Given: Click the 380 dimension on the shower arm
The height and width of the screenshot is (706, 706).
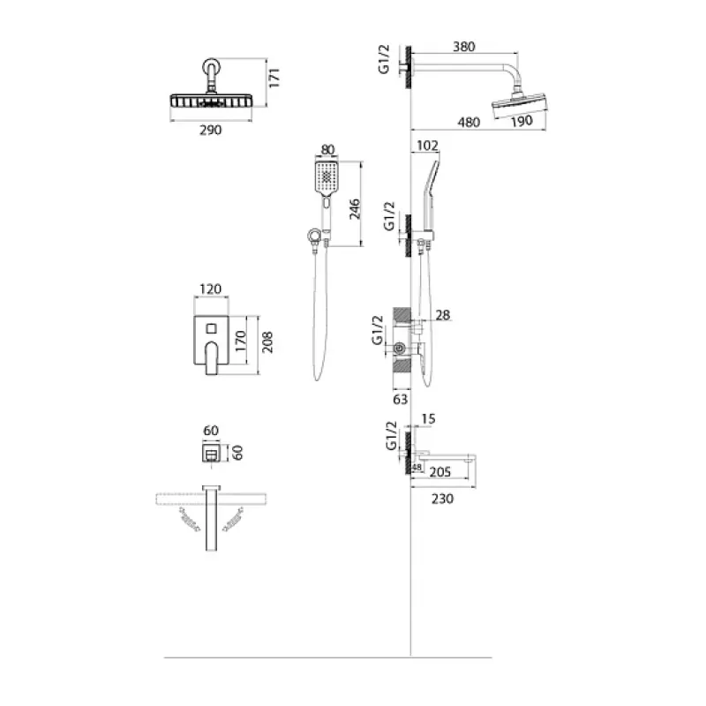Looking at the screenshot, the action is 464,47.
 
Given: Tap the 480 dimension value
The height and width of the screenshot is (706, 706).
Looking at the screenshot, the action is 469,122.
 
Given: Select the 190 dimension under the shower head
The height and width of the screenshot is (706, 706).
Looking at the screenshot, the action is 522,121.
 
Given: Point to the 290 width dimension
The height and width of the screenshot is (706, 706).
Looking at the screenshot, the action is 211,130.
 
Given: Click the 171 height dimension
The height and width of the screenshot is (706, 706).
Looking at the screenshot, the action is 274,78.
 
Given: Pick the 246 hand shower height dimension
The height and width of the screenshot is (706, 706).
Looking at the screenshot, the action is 355,208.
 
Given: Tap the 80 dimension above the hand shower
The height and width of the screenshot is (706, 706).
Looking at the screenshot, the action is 327,149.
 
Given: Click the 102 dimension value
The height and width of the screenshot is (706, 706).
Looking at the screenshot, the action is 427,146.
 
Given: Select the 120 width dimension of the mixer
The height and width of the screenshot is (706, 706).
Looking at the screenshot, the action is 211,289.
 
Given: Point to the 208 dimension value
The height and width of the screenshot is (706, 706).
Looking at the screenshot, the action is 267,342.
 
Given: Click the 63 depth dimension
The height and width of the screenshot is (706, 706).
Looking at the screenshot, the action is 401,399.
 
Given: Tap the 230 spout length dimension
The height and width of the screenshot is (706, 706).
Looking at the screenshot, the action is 443,499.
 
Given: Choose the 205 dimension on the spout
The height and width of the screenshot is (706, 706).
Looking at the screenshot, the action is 439,472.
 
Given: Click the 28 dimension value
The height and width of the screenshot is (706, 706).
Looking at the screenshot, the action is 443,315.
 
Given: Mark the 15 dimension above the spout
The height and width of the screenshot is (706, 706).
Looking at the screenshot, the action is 428,418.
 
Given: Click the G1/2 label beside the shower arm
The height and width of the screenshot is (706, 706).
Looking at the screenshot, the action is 384,59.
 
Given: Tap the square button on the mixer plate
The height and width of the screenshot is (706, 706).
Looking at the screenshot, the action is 211,328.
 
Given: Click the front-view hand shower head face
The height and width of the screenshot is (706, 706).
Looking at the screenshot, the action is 327,177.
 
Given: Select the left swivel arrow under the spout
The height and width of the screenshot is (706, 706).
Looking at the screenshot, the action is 190,520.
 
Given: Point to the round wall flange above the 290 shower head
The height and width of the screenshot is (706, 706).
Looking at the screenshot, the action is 211,67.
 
